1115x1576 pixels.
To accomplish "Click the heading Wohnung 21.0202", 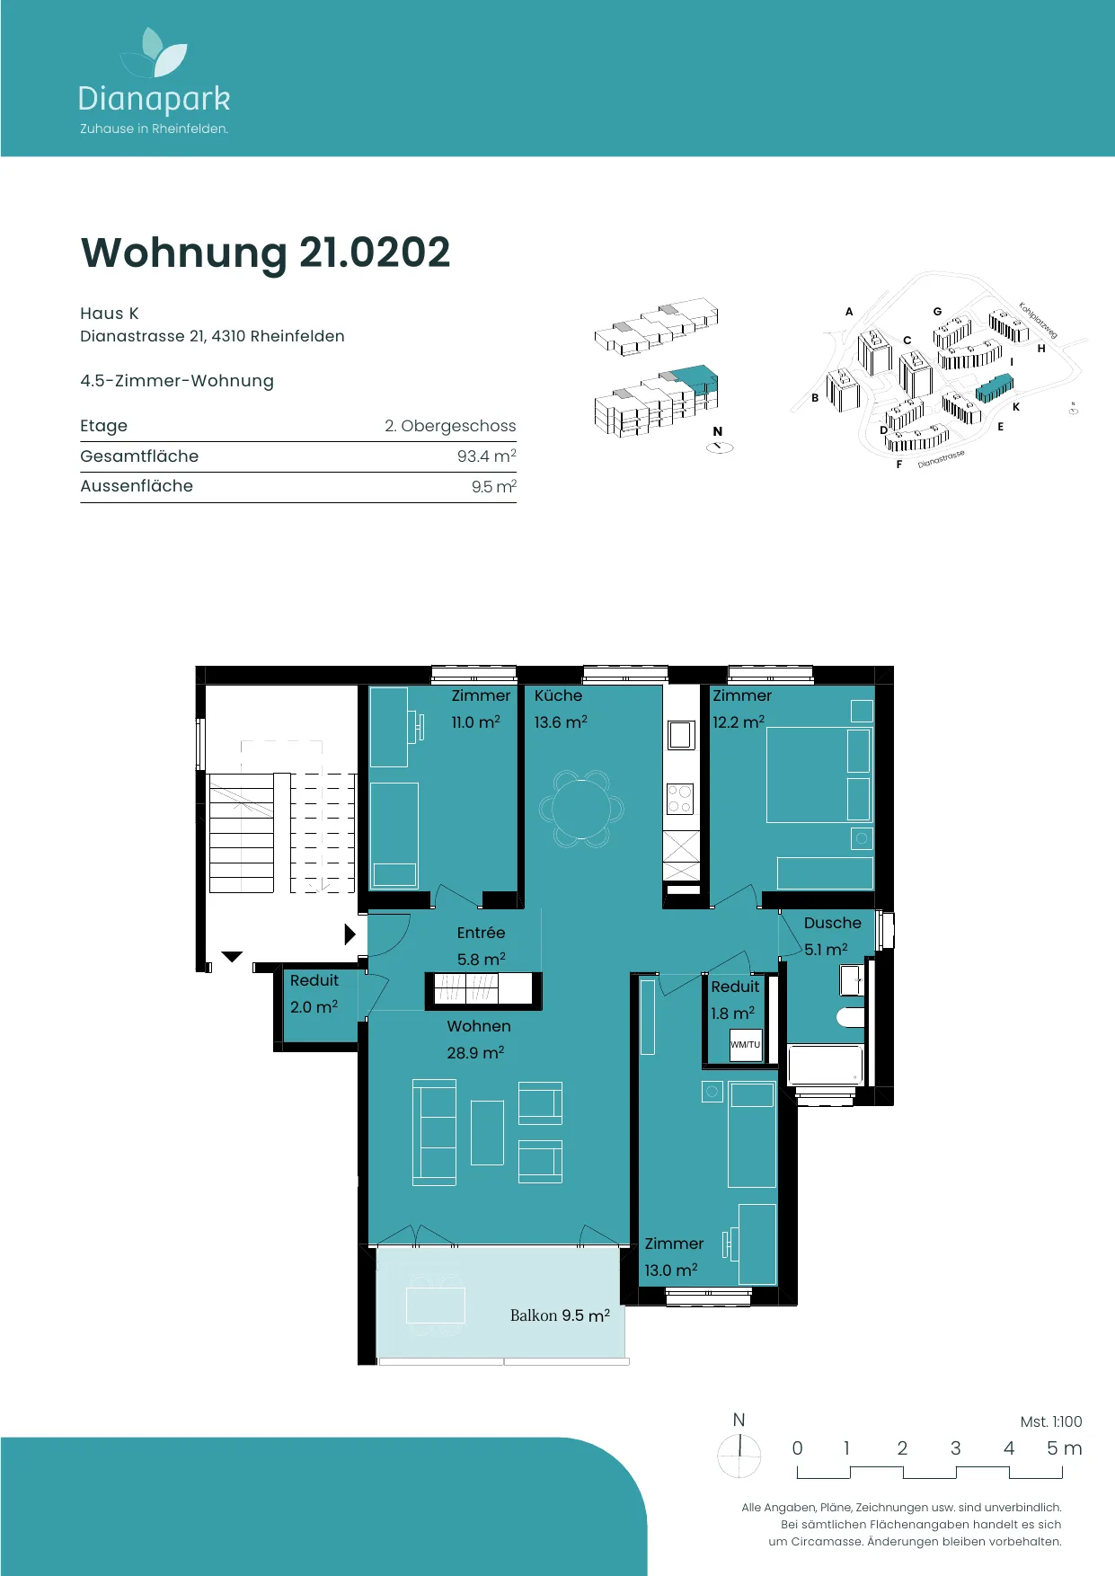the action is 265,252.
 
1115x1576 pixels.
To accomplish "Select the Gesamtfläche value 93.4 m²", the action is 486,456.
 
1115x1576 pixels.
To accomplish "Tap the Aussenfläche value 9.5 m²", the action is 493,486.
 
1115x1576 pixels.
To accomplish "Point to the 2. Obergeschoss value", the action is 450,426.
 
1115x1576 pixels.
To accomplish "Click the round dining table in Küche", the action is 581,809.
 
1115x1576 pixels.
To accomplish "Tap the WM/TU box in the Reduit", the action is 745,1045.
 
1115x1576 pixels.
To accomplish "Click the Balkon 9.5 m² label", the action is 560,1315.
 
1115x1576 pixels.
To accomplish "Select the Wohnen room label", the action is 479,1026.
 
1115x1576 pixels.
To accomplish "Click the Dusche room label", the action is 832,923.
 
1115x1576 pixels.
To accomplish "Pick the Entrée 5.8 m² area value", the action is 481,960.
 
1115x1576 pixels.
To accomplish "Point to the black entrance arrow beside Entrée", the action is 350,934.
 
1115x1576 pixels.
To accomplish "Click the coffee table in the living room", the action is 487,1132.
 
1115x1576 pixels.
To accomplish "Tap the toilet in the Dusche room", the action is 851,1017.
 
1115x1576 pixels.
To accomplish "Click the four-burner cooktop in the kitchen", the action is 680,799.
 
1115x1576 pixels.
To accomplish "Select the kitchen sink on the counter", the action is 680,735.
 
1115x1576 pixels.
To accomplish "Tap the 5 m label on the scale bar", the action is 1064,1448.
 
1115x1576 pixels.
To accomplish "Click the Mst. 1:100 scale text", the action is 1051,1421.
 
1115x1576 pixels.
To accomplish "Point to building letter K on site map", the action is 1016,407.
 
